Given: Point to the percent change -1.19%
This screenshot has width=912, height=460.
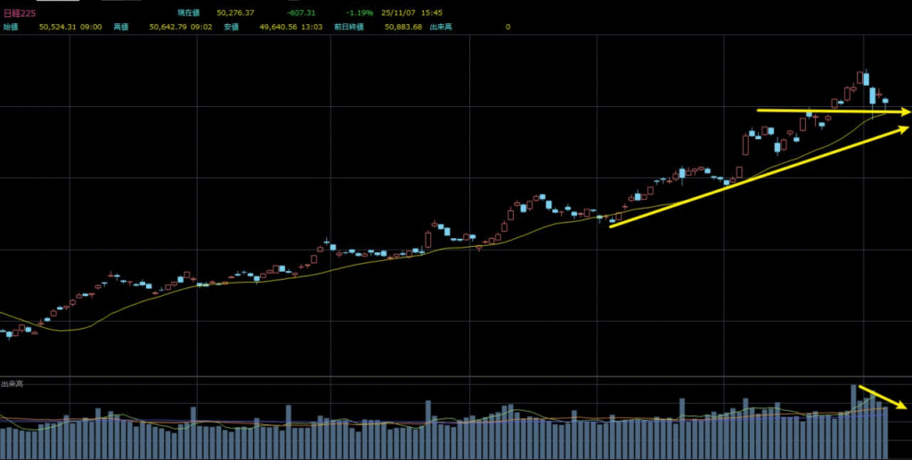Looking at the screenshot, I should pos(361,13).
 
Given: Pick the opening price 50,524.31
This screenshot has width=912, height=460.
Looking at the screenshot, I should pos(60,27).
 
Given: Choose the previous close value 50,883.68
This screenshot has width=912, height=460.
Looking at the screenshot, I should pos(403,27).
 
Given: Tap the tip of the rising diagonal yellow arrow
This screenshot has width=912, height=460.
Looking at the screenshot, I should pos(908,127).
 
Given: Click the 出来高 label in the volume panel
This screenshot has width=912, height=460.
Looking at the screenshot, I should pos(12,383).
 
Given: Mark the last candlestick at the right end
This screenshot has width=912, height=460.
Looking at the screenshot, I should pos(884,102).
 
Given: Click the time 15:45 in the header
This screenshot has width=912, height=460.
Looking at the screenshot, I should pos(433,13).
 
